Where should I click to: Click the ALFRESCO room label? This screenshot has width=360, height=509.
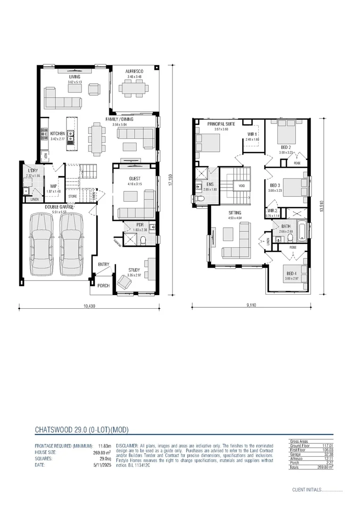[134, 71]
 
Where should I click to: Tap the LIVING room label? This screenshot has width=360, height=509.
[74, 76]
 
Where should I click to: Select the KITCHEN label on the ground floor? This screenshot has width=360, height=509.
[57, 134]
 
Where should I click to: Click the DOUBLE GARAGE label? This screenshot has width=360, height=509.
[59, 207]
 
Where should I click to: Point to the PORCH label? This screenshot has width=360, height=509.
[103, 286]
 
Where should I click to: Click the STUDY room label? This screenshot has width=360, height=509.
[134, 270]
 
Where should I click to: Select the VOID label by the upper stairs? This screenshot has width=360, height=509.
[242, 186]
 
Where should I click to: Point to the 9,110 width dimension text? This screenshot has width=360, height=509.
[251, 306]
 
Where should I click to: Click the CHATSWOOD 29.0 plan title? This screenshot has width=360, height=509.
[82, 430]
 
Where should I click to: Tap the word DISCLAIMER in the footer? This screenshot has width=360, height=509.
[127, 445]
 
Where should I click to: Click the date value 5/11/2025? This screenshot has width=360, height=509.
[104, 464]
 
